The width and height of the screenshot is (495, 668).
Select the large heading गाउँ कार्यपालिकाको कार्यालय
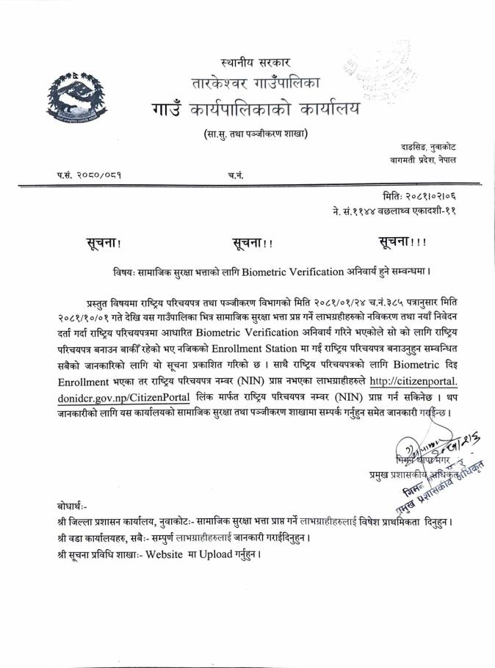click(x=253, y=109)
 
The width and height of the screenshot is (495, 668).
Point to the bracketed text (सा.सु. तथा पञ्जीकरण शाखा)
click(x=255, y=134)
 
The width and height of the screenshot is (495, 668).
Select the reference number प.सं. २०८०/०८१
click(x=89, y=176)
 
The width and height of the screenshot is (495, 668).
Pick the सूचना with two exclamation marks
click(x=253, y=243)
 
